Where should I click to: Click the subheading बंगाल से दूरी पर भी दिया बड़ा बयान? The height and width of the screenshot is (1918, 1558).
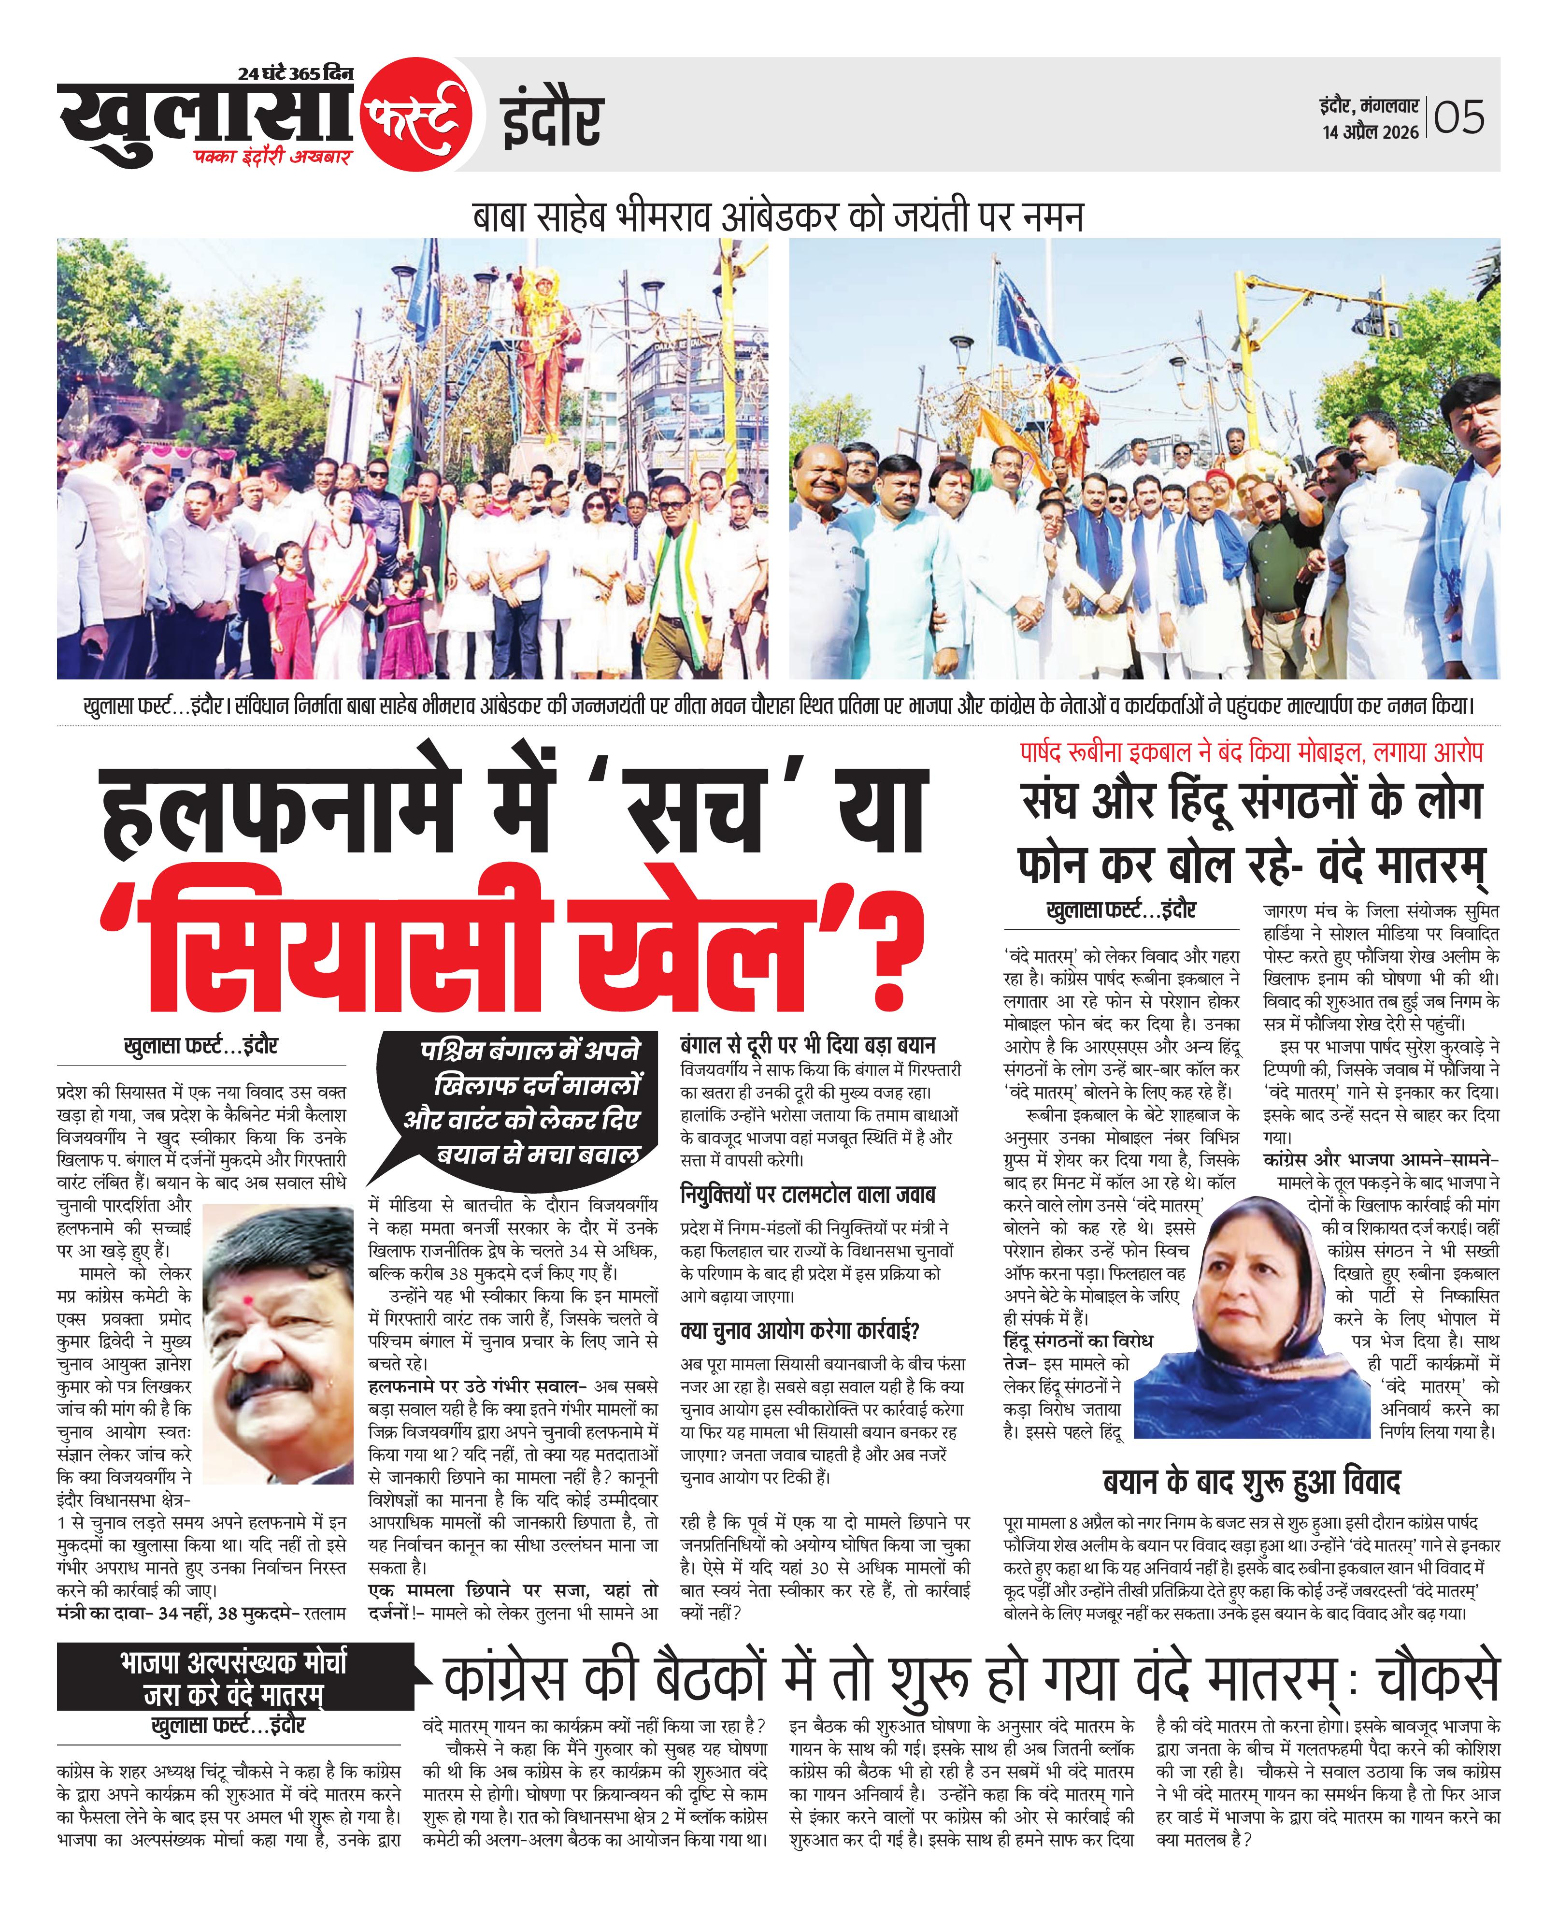click(x=808, y=1045)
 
